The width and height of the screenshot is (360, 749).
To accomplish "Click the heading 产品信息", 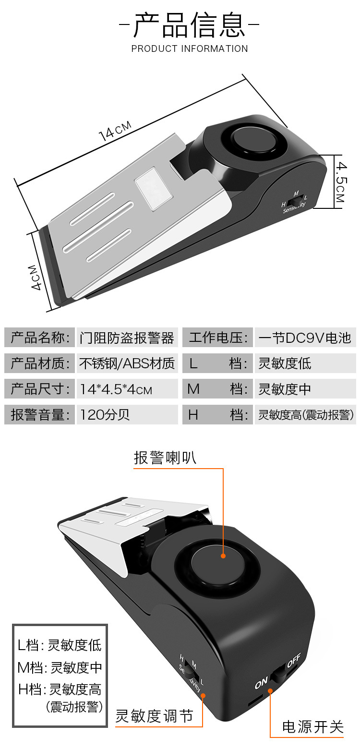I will [190, 25].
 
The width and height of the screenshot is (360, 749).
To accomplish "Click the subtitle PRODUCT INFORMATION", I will [190, 48].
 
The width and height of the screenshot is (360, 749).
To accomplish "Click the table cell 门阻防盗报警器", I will [127, 338].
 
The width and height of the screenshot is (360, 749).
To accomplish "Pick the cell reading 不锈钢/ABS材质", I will [127, 363].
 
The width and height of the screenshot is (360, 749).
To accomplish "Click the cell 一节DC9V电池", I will [305, 338].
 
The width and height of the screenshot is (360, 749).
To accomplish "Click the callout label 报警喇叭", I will [165, 458].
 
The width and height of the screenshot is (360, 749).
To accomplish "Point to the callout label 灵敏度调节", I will [154, 716].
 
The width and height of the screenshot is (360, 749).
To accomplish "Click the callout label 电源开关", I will [313, 727].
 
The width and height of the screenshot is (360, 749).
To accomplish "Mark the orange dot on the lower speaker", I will [223, 556].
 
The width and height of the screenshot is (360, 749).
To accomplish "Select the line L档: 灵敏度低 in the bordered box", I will [60, 645].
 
